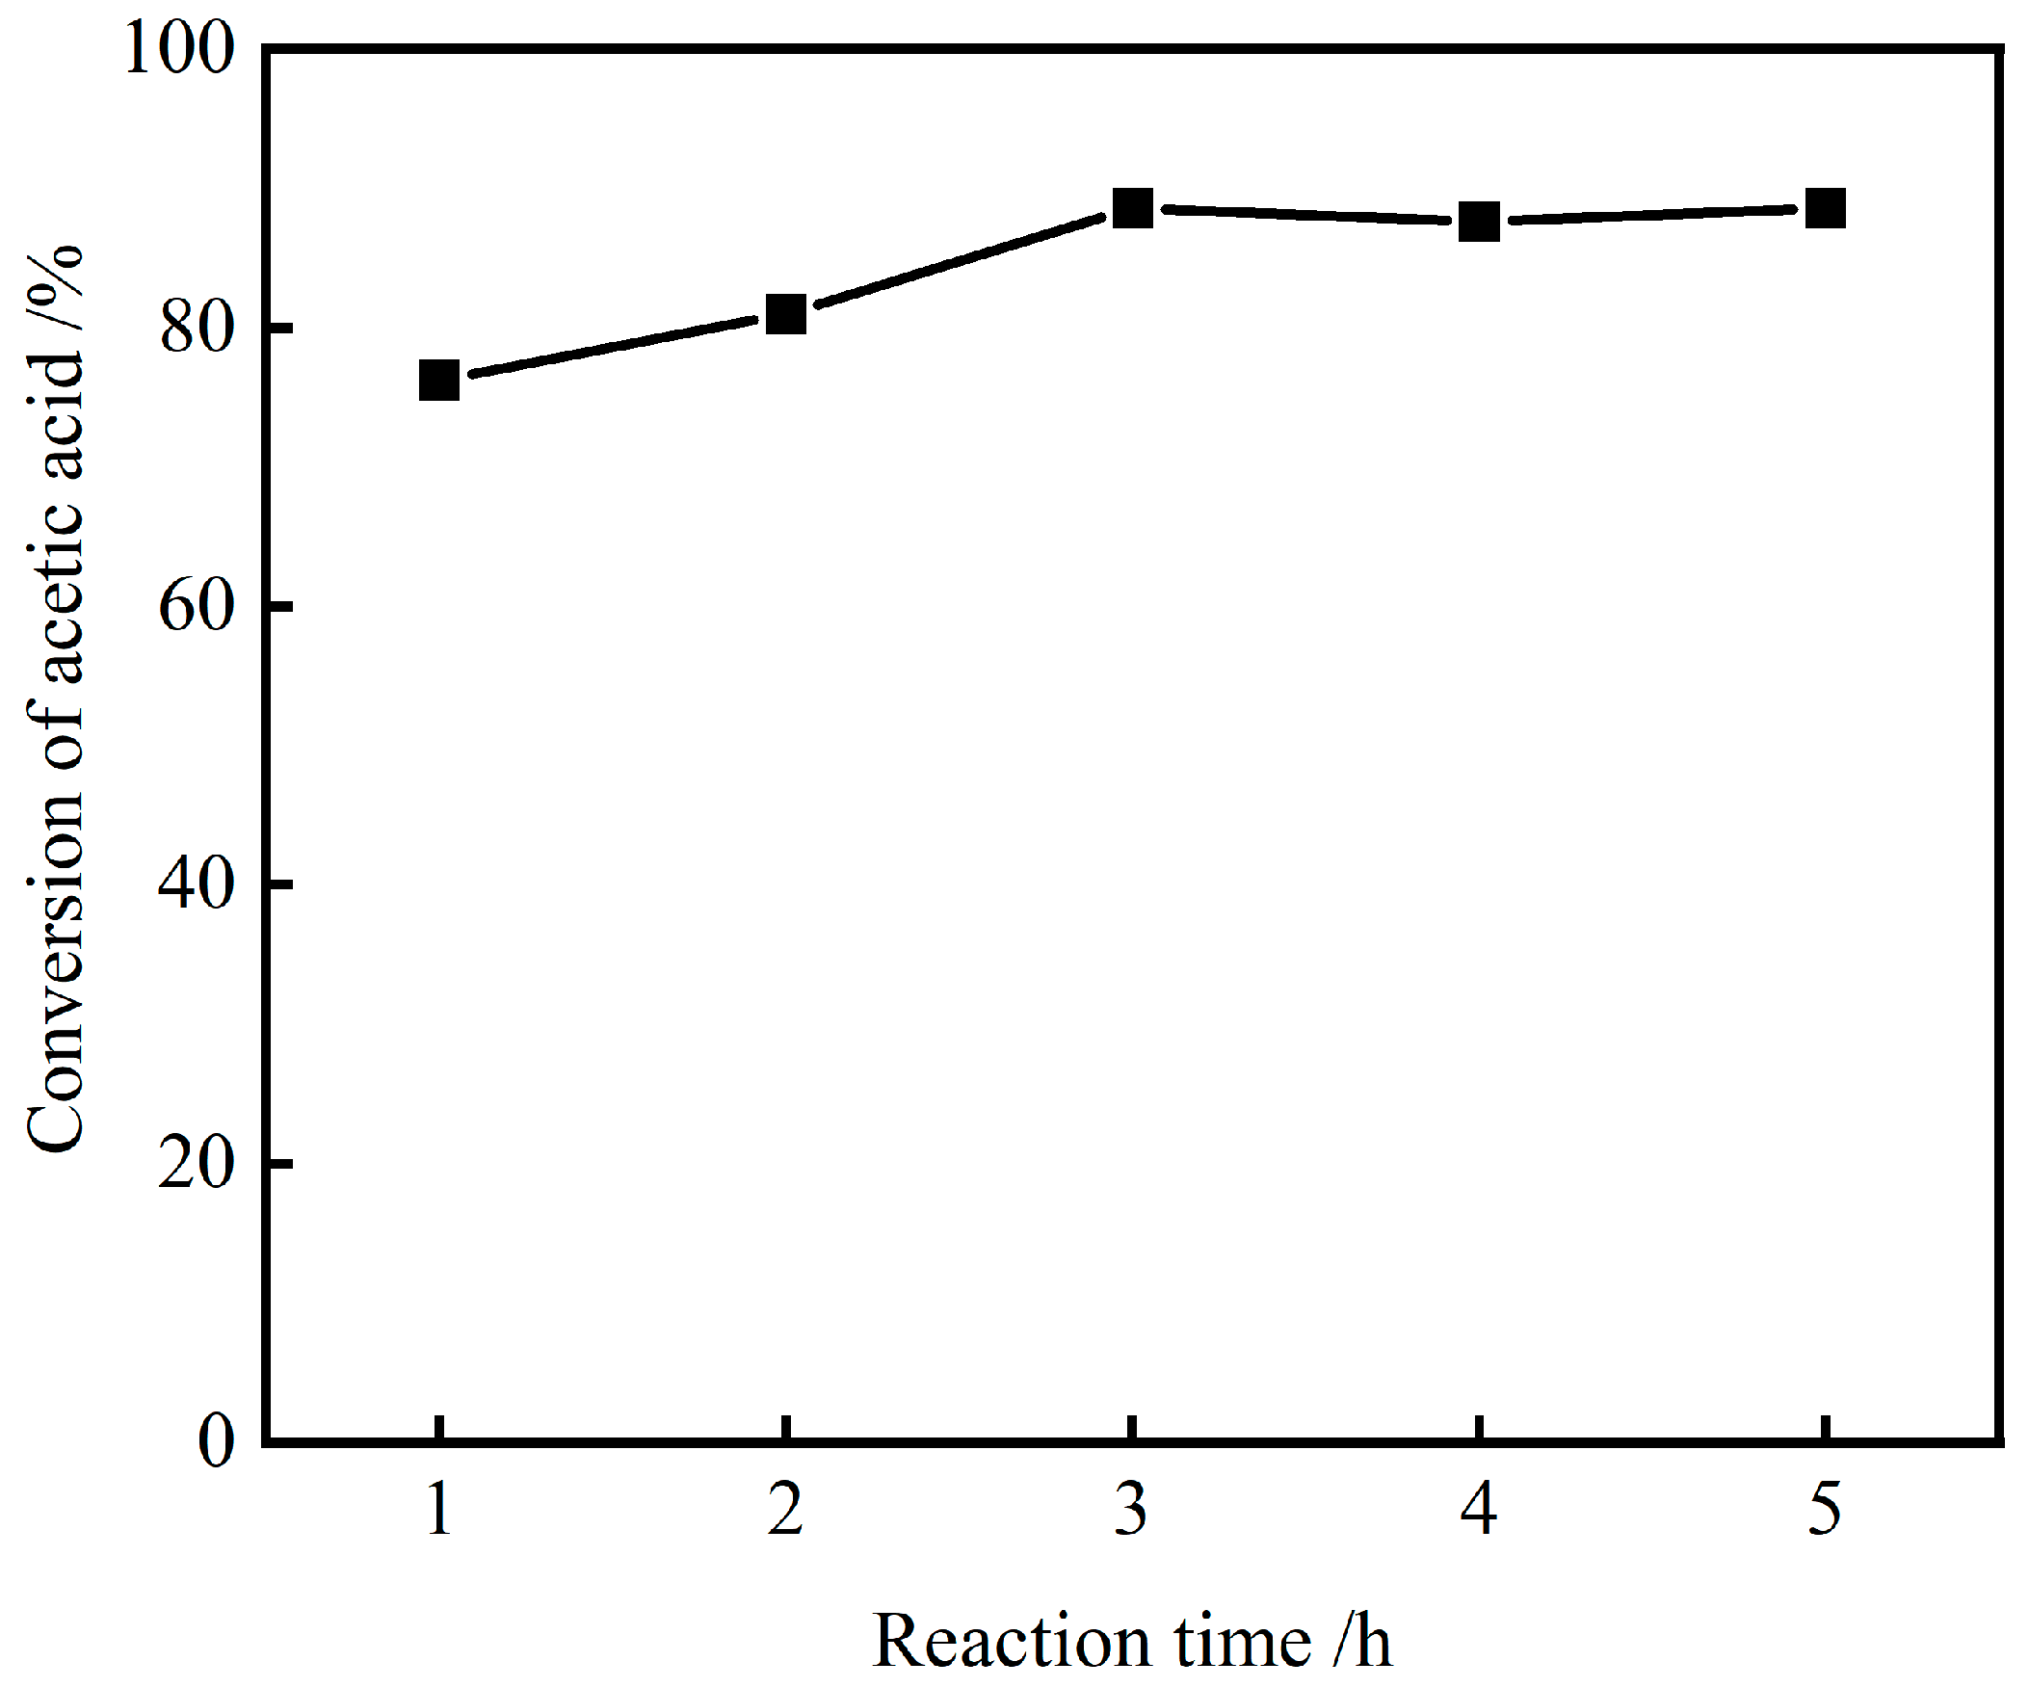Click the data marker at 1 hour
439,381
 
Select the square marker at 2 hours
786,314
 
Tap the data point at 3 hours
1132,208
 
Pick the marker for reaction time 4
1479,223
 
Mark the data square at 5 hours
1825,208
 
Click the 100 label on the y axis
180,50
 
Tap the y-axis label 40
198,884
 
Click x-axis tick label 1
439,1509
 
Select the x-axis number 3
1131,1509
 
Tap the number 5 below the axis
1825,1509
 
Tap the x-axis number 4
1479,1509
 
